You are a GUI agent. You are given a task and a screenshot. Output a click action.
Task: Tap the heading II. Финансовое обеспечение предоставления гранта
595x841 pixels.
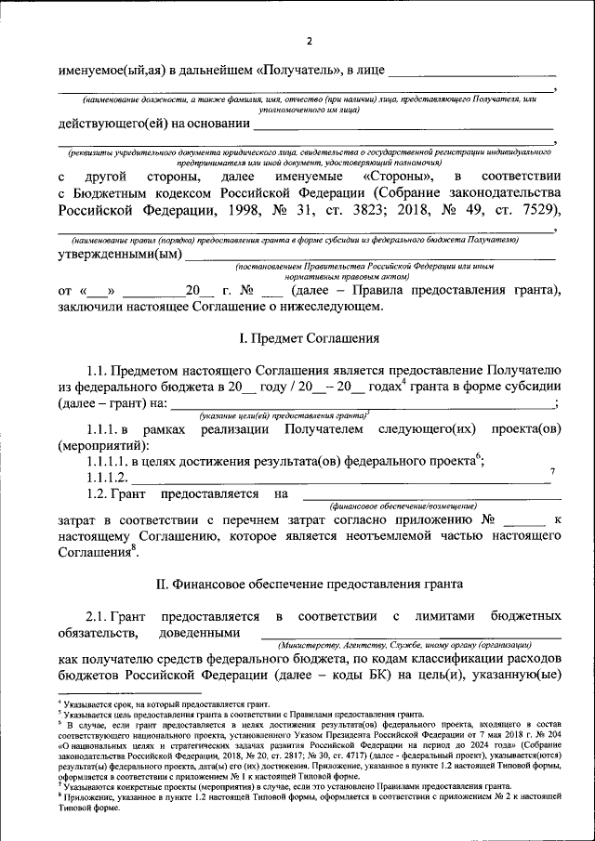pyautogui.click(x=309, y=584)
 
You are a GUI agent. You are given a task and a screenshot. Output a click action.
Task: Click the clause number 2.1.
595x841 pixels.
pyautogui.click(x=99, y=616)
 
